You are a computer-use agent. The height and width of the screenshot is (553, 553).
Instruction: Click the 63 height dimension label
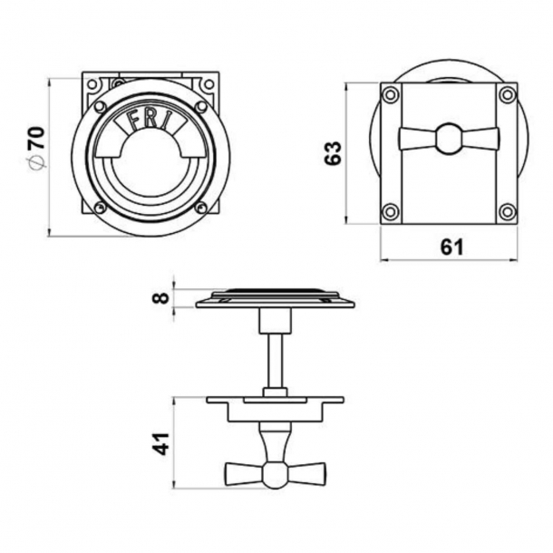coord(333,151)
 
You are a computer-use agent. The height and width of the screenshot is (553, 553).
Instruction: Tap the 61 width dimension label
coord(451,247)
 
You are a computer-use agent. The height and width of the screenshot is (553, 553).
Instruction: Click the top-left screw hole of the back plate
coord(390,94)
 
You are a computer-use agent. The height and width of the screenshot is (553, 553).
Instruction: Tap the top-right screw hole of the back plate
coord(507,94)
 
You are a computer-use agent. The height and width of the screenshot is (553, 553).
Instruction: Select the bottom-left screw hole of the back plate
coord(390,212)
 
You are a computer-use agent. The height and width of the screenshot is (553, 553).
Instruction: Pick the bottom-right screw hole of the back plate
coord(507,212)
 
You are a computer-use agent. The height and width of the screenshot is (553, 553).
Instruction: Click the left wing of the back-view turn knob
coord(416,139)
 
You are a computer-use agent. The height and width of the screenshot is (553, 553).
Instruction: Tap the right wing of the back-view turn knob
coord(480,139)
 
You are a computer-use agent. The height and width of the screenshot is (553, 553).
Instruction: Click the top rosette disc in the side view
coord(275,298)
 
